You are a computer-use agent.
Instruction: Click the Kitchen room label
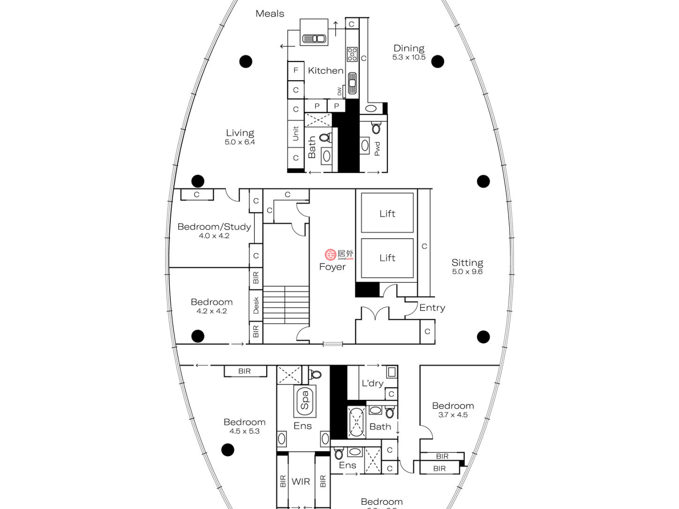325,71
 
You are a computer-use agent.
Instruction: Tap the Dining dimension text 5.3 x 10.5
408,57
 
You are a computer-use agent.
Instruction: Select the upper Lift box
387,213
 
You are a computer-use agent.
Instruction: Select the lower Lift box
387,258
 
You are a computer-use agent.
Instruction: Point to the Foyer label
332,267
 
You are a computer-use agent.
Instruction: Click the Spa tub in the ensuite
304,400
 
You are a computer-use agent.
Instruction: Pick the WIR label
301,481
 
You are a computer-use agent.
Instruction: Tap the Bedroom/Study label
214,226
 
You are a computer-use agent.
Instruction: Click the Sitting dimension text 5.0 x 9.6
467,271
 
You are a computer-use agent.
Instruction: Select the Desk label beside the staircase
256,305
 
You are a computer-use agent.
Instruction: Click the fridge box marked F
295,70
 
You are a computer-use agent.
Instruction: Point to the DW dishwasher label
339,91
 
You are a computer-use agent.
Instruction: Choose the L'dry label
372,383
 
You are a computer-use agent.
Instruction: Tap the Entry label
432,308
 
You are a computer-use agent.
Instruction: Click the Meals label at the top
269,14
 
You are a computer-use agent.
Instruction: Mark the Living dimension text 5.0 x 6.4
240,142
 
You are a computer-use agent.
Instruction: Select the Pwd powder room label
377,148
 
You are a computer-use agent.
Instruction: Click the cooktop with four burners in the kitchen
352,54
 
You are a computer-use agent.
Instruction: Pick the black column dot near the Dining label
438,62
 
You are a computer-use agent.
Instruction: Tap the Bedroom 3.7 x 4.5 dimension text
452,415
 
